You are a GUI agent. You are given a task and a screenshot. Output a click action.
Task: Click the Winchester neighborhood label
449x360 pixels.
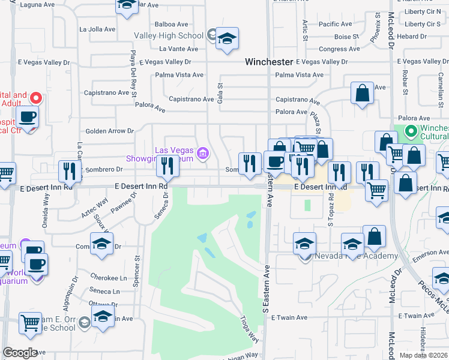click(269, 62)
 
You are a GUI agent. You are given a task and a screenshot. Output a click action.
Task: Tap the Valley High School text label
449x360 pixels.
click(169, 36)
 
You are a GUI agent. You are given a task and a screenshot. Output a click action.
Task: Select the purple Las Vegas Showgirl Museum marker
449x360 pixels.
click(203, 154)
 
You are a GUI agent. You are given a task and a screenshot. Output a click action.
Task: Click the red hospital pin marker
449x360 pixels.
click(36, 98)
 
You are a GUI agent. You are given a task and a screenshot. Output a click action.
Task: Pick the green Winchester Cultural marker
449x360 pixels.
click(411, 130)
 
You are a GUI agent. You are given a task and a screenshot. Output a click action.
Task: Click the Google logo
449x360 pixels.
click(20, 353)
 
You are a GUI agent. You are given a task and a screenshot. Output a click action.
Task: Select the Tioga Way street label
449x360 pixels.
click(249, 329)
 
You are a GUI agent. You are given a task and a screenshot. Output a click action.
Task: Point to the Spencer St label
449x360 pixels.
click(137, 267)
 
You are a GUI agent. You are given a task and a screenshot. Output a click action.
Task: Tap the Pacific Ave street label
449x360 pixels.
click(336, 25)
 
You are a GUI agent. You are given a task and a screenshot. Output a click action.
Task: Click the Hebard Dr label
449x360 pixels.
click(415, 37)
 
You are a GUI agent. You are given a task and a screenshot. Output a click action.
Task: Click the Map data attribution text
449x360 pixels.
click(424, 355)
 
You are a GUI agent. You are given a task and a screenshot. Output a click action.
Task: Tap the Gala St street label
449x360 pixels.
click(220, 94)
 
